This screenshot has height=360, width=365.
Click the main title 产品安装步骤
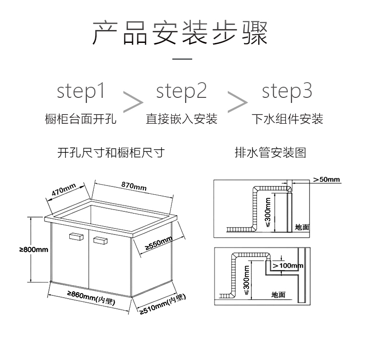click(180, 32)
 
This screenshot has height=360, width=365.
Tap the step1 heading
click(81, 90)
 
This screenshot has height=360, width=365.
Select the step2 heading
click(181, 90)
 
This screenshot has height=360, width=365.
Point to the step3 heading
click(287, 90)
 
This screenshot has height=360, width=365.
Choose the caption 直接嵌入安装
click(182, 119)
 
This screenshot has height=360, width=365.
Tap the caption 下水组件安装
click(287, 119)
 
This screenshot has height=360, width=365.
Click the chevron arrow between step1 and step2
click(133, 100)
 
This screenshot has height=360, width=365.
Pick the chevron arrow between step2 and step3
click(237, 100)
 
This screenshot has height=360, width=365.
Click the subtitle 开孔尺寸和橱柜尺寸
click(111, 153)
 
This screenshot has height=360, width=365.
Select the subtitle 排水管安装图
click(270, 153)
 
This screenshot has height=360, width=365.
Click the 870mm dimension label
click(134, 186)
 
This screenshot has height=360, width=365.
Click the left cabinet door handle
click(76, 237)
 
